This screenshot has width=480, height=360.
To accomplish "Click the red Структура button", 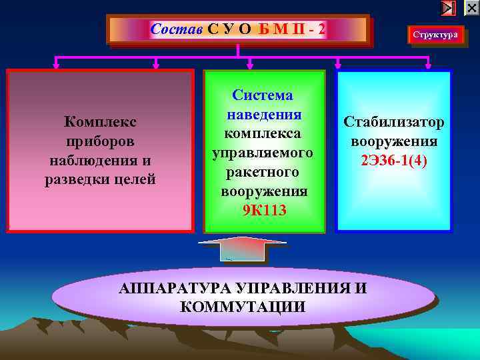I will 435,35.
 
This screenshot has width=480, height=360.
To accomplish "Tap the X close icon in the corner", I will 471,8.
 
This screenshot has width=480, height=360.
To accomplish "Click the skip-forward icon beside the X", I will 449,8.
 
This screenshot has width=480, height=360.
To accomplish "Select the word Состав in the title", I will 177,29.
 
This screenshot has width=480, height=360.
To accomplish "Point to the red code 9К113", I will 265,211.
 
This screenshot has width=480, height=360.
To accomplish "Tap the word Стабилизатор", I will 394,123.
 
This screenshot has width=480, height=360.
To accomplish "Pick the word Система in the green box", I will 263,96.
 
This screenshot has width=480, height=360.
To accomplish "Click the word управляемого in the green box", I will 263,153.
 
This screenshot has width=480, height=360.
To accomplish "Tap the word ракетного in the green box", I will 263,173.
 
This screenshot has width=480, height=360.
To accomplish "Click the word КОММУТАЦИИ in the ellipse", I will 243,307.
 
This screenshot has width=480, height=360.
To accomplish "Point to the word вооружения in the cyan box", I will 394,141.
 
